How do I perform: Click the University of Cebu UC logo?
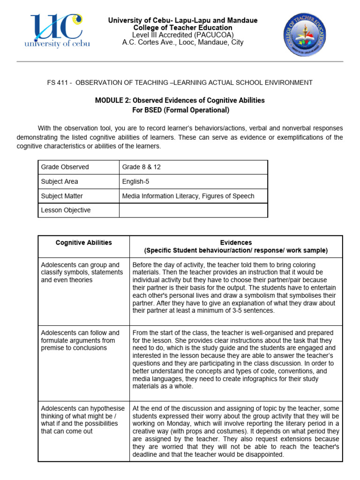(59, 30)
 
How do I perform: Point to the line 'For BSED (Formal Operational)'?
(180, 110)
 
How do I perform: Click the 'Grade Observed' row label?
(65, 167)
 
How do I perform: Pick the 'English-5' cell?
(136, 181)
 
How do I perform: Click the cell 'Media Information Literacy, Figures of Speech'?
(188, 196)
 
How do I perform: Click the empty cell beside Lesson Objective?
(193, 210)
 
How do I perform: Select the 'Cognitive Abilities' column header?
(84, 243)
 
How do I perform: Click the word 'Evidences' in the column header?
(237, 243)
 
